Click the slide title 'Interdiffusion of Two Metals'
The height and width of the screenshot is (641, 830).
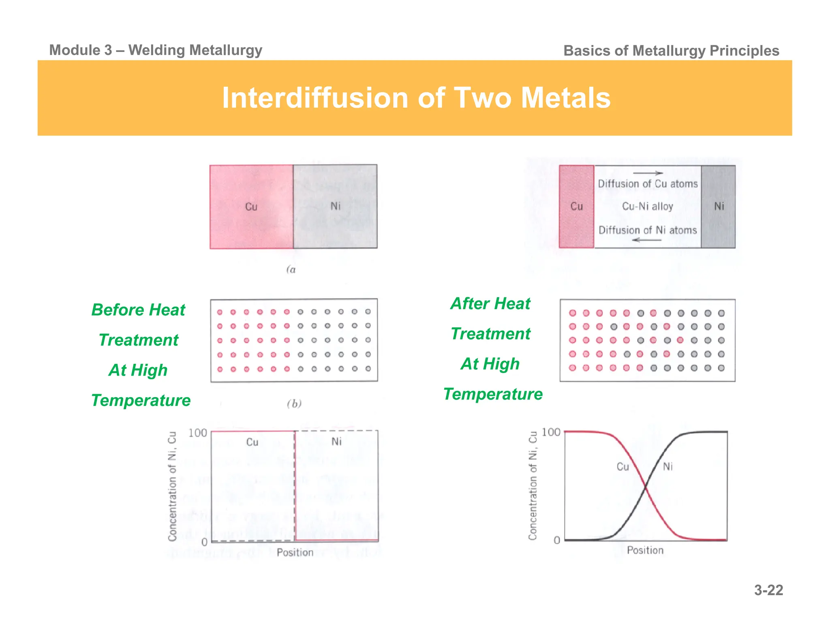416,98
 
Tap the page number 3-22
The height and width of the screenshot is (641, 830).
768,590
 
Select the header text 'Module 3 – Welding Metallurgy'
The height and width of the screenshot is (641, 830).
156,50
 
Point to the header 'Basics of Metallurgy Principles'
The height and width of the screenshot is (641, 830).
671,51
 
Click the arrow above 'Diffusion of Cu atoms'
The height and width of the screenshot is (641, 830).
648,173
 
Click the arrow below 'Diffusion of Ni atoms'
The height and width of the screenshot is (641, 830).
647,240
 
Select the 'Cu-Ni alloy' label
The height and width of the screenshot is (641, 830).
647,206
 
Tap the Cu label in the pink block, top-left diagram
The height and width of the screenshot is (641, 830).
251,207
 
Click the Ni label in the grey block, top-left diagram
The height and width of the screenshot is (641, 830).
336,206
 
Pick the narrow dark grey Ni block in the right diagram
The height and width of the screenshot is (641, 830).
719,206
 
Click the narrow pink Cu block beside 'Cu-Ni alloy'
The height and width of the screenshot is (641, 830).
576,206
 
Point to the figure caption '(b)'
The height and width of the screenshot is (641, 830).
294,404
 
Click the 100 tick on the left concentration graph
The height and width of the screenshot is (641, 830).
198,433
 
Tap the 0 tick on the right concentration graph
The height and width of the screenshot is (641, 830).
557,540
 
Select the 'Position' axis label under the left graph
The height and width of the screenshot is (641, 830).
295,552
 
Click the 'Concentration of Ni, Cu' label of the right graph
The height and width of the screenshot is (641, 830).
533,485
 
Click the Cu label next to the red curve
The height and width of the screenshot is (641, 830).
622,467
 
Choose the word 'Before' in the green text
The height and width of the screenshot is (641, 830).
118,310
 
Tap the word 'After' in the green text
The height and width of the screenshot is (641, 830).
469,303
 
